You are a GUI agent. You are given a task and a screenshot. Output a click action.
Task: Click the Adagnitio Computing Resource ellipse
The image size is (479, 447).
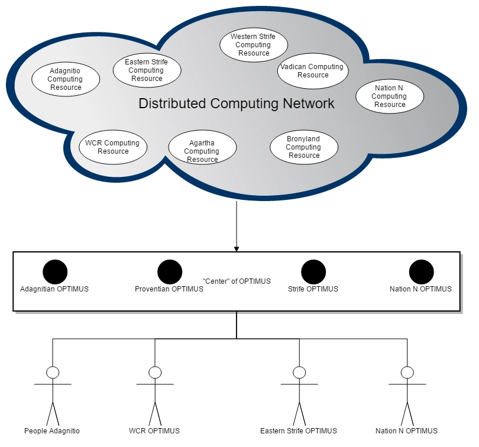pyautogui.click(x=65, y=79)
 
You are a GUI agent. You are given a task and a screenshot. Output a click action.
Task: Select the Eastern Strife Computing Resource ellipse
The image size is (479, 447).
pyautogui.click(x=147, y=70)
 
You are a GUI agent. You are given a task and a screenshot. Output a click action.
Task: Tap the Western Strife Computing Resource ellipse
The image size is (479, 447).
pyautogui.click(x=253, y=45)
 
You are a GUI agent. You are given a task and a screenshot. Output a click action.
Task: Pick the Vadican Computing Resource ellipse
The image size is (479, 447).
pyautogui.click(x=313, y=71)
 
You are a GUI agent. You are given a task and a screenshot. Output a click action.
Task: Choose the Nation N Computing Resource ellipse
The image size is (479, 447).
pyautogui.click(x=389, y=96)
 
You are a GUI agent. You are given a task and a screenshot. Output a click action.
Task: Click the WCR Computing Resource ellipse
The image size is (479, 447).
pyautogui.click(x=112, y=147)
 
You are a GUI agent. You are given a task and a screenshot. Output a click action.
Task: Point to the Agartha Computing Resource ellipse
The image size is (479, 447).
pyautogui.click(x=202, y=147)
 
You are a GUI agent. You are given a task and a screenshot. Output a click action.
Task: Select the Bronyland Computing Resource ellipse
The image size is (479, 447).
pyautogui.click(x=304, y=147)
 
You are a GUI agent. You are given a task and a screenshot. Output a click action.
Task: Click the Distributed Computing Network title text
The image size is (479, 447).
pyautogui.click(x=237, y=104)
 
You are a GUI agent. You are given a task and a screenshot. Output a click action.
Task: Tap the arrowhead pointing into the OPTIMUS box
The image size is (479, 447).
pyautogui.click(x=237, y=248)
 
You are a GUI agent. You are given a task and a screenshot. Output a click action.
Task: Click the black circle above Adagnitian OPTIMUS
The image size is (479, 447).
pyautogui.click(x=55, y=272)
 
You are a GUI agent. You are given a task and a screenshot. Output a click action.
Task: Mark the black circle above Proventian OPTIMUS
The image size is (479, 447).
pyautogui.click(x=170, y=272)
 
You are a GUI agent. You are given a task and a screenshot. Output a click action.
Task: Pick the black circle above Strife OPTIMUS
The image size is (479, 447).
pyautogui.click(x=313, y=272)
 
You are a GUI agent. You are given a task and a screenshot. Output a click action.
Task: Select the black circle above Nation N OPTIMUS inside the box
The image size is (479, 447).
pyautogui.click(x=421, y=272)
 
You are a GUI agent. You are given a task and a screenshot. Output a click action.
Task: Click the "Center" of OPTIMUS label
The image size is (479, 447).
pyautogui.click(x=237, y=281)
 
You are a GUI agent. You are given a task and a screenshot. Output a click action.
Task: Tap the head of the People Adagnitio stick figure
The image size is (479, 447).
pyautogui.click(x=53, y=372)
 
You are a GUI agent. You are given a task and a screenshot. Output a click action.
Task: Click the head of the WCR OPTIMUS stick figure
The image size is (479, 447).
pyautogui.click(x=155, y=372)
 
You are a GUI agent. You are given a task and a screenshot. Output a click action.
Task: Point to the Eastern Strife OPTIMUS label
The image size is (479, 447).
pyautogui.click(x=299, y=431)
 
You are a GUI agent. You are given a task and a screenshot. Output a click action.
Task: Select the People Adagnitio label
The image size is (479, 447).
pyautogui.click(x=52, y=431)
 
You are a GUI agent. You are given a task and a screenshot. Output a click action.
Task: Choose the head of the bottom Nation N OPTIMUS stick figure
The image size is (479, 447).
pyautogui.click(x=407, y=372)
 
